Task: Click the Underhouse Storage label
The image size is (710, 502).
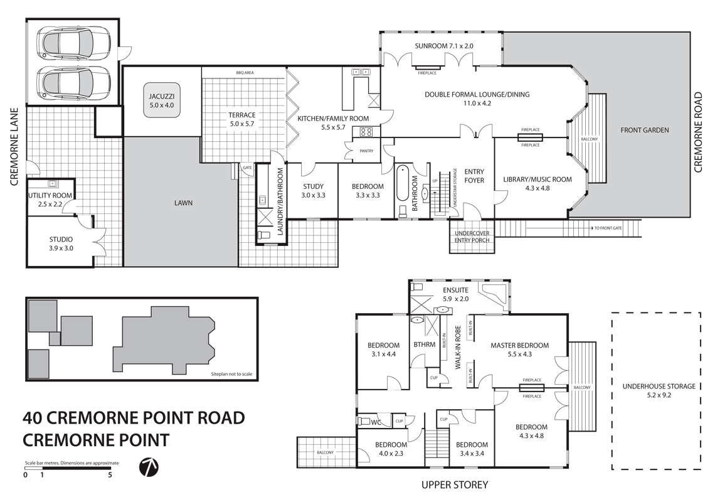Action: point(655,391)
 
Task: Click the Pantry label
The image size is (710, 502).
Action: point(366,151)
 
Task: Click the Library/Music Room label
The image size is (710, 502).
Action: point(537,183)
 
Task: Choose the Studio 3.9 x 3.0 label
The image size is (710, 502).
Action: point(61,243)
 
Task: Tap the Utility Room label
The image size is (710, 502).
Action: point(50,200)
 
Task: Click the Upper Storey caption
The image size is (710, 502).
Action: point(454,484)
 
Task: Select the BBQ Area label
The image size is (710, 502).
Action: point(244,73)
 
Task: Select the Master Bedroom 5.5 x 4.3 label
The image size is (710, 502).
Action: point(519,349)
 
